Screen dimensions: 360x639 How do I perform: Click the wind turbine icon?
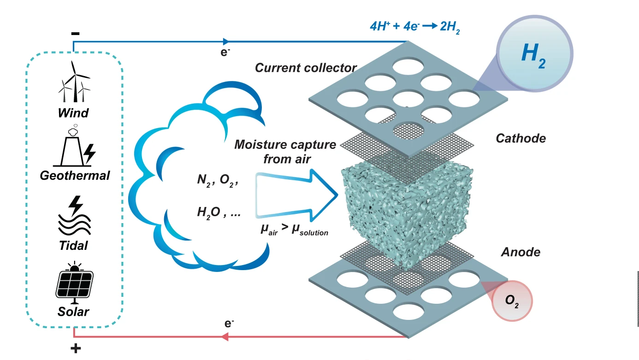pyautogui.click(x=74, y=83)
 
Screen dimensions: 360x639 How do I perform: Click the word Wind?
pyautogui.click(x=73, y=112)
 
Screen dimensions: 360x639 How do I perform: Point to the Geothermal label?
pyautogui.click(x=75, y=176)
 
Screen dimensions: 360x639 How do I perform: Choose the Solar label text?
pyautogui.click(x=73, y=312)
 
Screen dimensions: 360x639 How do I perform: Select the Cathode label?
pyautogui.click(x=521, y=138)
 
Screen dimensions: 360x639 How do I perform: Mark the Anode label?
pyautogui.click(x=521, y=252)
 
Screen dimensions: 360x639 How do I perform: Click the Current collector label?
pyautogui.click(x=306, y=68)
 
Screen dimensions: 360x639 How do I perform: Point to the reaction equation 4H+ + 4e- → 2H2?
pyautogui.click(x=414, y=26)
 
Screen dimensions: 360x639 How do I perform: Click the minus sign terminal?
pyautogui.click(x=76, y=34)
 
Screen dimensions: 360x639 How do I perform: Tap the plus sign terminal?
pyautogui.click(x=75, y=348)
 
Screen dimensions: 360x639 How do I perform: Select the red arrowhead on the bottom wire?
pyautogui.click(x=225, y=337)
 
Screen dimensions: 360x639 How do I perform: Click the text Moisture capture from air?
pyautogui.click(x=285, y=152)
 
